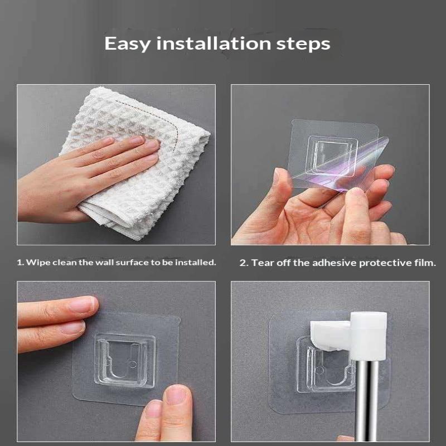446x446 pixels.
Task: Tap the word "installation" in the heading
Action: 214,43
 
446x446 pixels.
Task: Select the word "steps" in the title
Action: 303,45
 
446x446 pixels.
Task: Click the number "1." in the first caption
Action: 20,262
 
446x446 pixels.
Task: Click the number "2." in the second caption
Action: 244,263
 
